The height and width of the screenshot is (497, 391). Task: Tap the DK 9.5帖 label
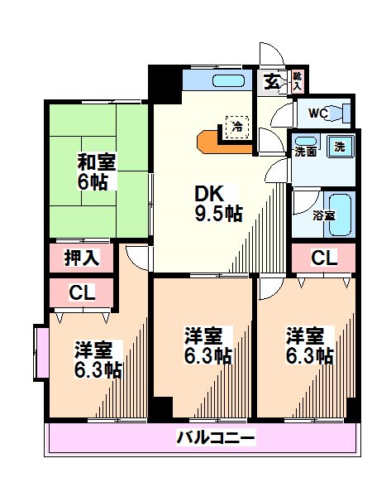pos(217,203)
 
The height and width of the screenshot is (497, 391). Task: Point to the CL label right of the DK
pos(323,258)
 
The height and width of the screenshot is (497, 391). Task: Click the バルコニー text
pos(215,437)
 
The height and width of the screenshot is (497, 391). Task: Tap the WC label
pos(318,113)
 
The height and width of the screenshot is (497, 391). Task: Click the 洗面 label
pos(305,152)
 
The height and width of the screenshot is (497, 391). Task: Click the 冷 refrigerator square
pos(237,127)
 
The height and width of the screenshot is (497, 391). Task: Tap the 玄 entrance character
pos(272,82)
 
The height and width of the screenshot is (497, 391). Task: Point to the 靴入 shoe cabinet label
pos(298,80)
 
